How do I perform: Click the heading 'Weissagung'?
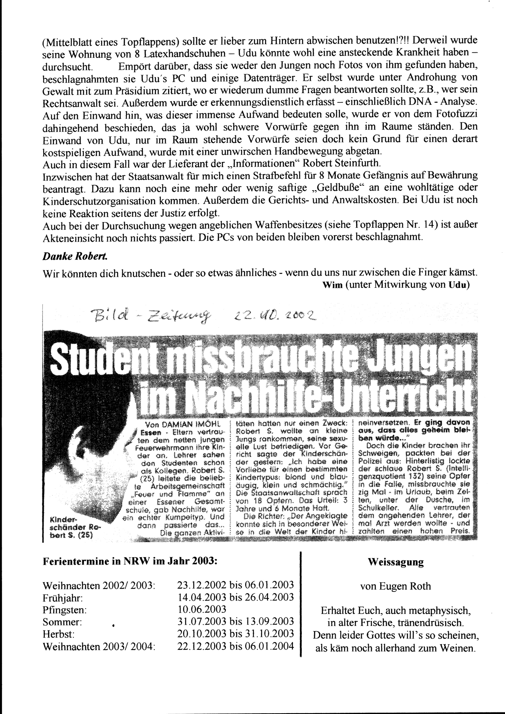click(x=395, y=562)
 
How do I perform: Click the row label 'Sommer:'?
click(x=62, y=622)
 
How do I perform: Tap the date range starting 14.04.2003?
click(x=236, y=597)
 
